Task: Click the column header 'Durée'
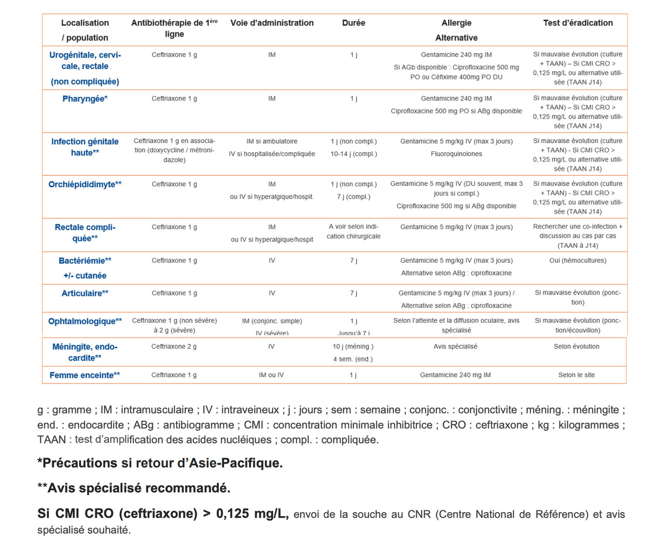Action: click(353, 23)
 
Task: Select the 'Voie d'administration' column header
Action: click(272, 23)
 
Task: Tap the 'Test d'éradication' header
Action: click(578, 23)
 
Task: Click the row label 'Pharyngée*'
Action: click(85, 99)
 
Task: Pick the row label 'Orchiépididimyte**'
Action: click(85, 184)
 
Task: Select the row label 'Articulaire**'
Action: click(85, 293)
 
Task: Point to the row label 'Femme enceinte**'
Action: click(85, 375)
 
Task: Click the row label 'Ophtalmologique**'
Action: click(85, 321)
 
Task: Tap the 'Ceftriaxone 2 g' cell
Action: click(174, 346)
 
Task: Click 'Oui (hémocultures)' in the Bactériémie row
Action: click(578, 261)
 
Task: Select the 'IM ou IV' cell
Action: click(271, 375)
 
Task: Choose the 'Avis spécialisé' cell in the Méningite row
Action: click(455, 346)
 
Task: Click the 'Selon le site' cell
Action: click(576, 375)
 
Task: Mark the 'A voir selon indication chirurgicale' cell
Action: click(353, 231)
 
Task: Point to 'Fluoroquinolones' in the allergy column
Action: click(457, 154)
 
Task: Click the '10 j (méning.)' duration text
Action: click(353, 346)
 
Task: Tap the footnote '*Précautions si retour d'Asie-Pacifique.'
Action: click(160, 463)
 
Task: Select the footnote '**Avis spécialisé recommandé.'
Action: click(134, 488)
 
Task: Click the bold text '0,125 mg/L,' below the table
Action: click(252, 514)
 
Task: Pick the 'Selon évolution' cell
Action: click(576, 346)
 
